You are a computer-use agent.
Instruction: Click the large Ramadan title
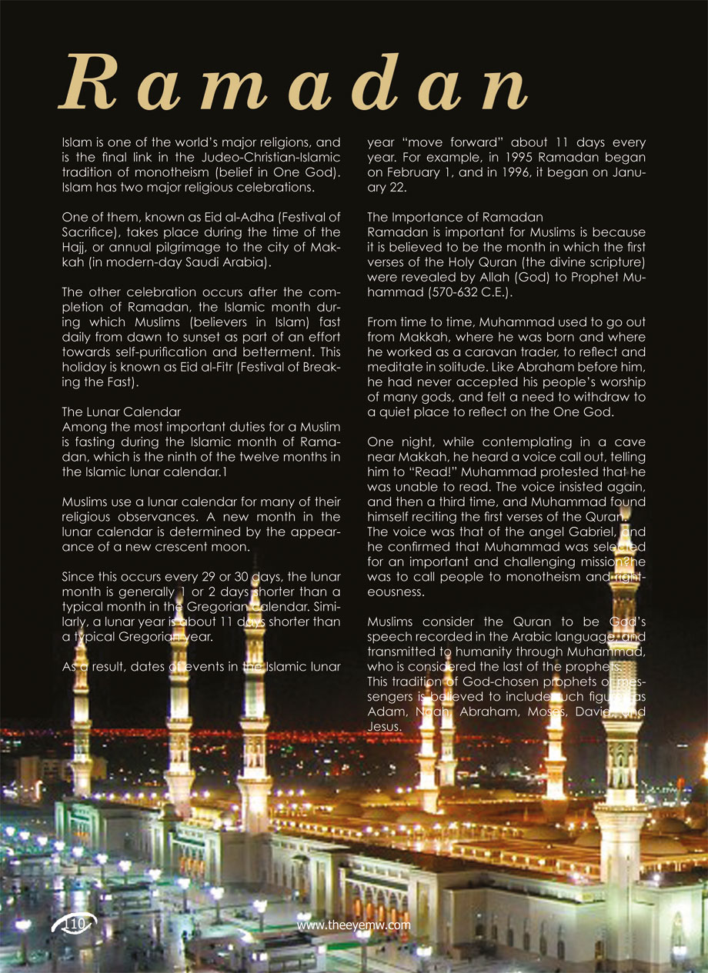tap(293, 83)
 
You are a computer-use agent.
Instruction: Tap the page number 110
tap(75, 924)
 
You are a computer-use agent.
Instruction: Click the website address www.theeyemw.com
tap(353, 925)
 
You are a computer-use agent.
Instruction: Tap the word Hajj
tap(75, 247)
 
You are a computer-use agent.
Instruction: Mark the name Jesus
tap(384, 726)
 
